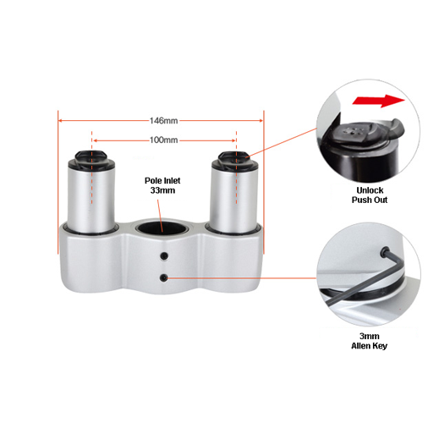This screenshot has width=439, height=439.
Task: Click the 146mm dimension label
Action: pos(163,121)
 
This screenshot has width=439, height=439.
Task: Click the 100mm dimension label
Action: pos(163,140)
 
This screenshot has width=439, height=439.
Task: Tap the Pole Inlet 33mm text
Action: pos(162,185)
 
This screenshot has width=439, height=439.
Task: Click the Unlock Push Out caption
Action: pos(370,195)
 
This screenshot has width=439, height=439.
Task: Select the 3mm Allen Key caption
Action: pos(369,341)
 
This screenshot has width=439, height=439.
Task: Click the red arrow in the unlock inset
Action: pos(378,101)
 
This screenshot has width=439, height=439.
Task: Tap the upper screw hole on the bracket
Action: pos(164,256)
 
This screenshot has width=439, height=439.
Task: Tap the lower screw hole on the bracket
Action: pos(163,278)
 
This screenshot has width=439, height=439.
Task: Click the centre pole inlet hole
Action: pos(162,228)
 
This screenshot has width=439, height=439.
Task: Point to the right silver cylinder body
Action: pos(233,200)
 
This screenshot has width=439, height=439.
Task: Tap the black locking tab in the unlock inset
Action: pos(396,129)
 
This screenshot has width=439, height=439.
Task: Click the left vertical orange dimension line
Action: pos(58,182)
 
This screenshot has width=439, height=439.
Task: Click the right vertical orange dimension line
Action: pos(264,182)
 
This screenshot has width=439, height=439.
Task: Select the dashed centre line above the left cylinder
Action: pos(91,167)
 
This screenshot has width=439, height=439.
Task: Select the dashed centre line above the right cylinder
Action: pos(236,167)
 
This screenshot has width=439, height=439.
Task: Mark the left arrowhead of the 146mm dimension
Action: pos(60,121)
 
